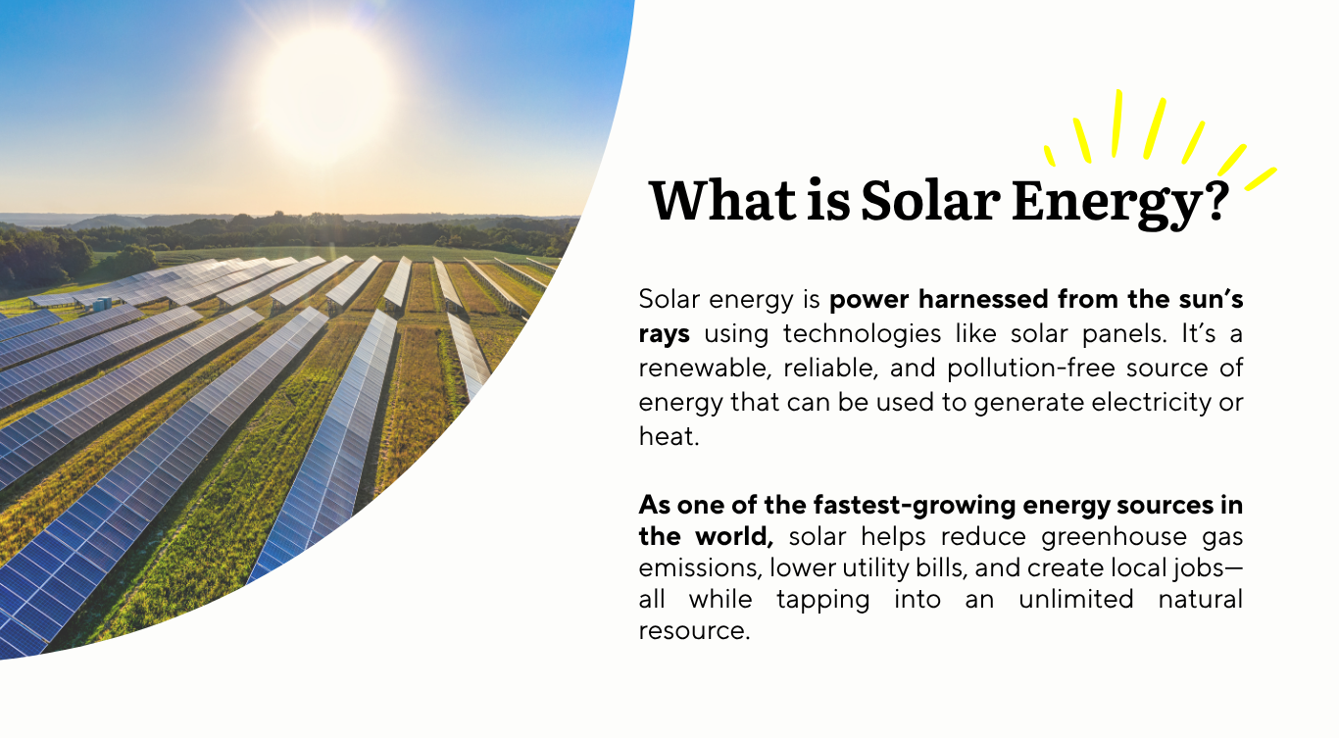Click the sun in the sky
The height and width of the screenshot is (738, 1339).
click(325, 96)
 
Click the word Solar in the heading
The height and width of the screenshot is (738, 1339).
click(930, 201)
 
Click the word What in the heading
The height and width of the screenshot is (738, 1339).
click(722, 201)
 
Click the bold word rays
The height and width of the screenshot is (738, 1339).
click(664, 334)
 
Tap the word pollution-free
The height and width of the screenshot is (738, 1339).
click(1030, 369)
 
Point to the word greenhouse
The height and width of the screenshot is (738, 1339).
click(1114, 537)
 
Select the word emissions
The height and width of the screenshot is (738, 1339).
click(699, 568)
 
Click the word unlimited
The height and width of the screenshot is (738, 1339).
click(1075, 599)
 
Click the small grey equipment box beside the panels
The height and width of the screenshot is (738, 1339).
click(102, 304)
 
